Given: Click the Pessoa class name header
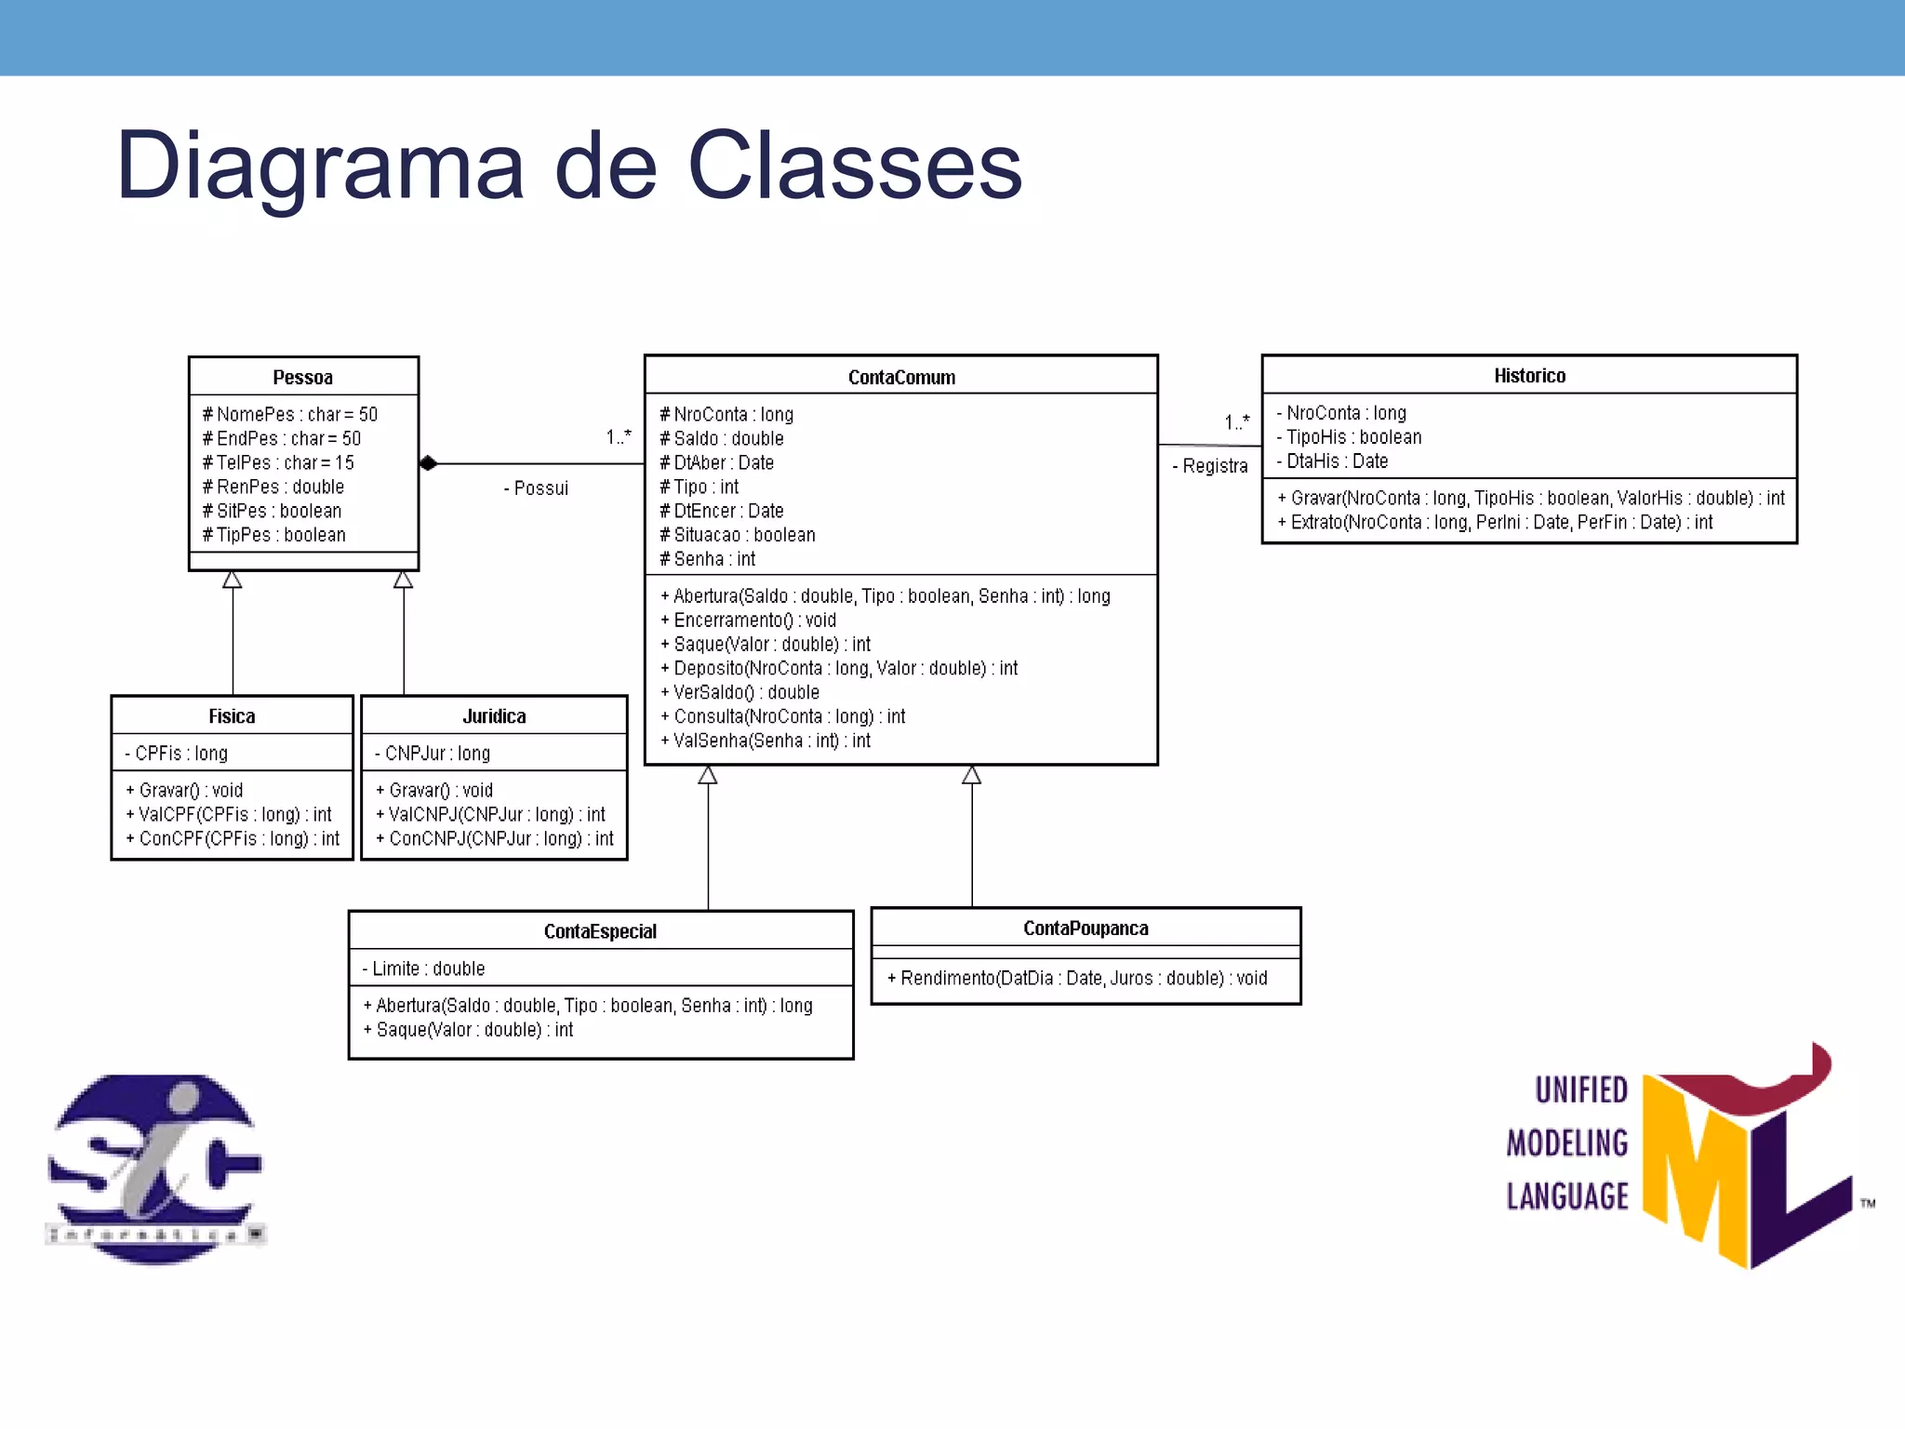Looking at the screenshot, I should [302, 377].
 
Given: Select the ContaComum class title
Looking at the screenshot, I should [900, 377].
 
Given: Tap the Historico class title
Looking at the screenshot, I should [1529, 375].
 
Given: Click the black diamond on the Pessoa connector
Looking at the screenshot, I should [428, 463].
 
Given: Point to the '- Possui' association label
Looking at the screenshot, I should [537, 488].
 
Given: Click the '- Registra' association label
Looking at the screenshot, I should [1210, 466].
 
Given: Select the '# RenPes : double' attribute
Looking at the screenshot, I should [273, 487].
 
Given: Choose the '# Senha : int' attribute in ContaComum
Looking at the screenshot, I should [708, 559].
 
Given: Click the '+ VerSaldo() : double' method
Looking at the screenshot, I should [740, 692].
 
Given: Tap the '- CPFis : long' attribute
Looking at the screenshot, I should [177, 753].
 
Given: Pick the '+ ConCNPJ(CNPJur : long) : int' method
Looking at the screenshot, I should [495, 838].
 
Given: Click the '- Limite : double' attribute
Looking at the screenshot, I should [424, 968].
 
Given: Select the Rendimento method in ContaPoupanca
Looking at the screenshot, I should [1077, 978].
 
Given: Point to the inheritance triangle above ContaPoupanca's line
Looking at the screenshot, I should [972, 775].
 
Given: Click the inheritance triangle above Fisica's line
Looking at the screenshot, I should [233, 580].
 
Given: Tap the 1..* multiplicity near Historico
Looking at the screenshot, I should [1237, 421].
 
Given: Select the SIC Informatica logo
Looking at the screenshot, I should [155, 1169].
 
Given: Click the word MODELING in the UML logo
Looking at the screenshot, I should [1567, 1142].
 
